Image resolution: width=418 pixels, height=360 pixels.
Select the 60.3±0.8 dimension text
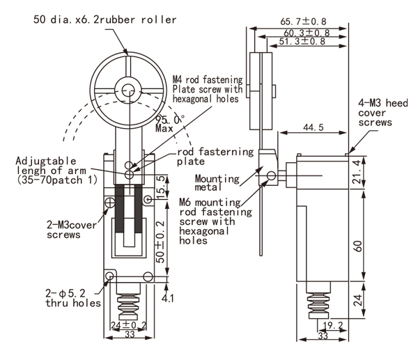click(307, 32)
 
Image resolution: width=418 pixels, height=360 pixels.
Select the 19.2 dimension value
click(332, 324)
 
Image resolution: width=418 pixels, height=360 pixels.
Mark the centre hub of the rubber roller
click(127, 90)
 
